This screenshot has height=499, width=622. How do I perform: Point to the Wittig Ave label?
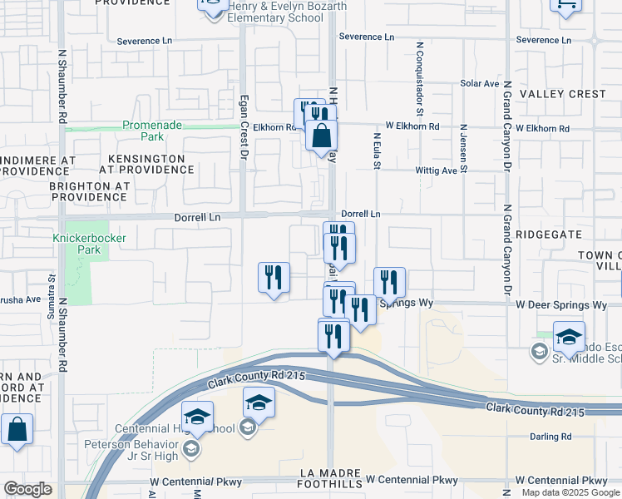[437, 170]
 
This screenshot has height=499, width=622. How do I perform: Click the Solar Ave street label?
[479, 84]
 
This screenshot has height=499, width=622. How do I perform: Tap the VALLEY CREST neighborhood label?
[563, 94]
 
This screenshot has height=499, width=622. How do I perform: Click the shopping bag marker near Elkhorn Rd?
[321, 136]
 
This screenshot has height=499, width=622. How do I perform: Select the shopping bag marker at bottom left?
[17, 430]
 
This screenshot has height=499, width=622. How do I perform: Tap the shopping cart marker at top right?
[566, 4]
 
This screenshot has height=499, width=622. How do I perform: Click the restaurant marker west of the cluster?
[274, 279]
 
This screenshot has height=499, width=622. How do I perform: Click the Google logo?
[27, 489]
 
